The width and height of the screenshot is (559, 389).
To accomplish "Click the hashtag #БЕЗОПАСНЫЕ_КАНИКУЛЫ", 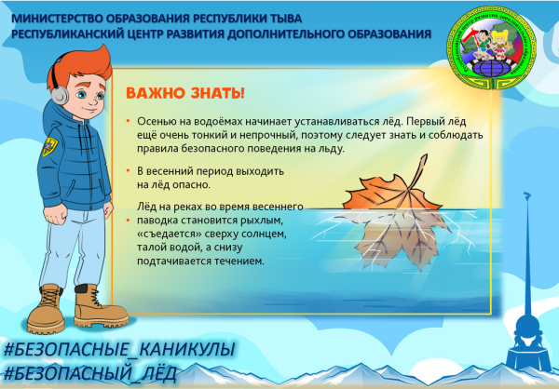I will (117, 351).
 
